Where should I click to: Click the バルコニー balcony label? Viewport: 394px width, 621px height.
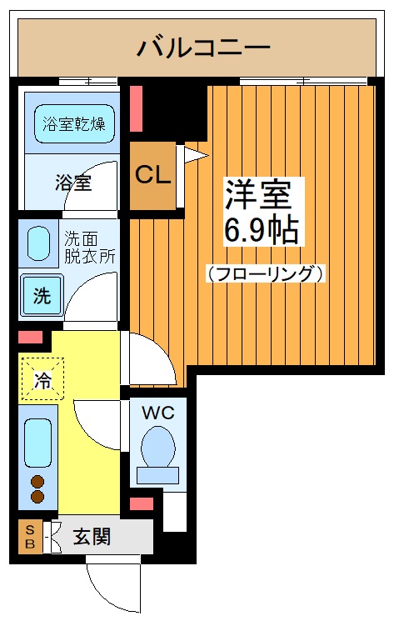click(203, 48)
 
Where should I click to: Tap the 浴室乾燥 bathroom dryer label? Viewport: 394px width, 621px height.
click(74, 124)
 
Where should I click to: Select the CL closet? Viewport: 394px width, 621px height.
click(153, 176)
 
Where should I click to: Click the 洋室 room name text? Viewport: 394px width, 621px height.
click(258, 194)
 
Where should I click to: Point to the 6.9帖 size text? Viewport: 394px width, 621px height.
click(261, 231)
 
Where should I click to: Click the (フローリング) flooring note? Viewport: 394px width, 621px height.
click(265, 273)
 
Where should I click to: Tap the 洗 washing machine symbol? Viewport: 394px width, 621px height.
click(41, 295)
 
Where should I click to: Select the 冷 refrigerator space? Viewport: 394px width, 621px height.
click(42, 378)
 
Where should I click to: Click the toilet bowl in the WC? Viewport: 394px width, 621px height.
click(158, 446)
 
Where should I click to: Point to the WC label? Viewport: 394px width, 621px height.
click(158, 413)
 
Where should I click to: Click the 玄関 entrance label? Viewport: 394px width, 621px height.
click(92, 537)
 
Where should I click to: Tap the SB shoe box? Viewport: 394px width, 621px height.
click(30, 536)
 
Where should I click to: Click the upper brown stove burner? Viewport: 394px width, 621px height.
click(37, 482)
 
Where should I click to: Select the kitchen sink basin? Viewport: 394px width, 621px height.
click(38, 443)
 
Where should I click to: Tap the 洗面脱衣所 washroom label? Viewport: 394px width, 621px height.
click(90, 248)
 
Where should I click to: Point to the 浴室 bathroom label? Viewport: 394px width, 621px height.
click(73, 183)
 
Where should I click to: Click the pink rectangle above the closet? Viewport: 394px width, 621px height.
click(136, 108)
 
